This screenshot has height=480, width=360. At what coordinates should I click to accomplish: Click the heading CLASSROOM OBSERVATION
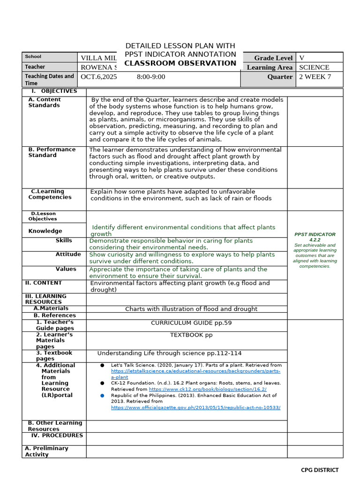tap(180, 63)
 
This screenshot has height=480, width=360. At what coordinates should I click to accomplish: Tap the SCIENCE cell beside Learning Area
tap(314, 67)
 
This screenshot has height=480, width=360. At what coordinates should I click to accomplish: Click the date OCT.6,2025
tap(99, 77)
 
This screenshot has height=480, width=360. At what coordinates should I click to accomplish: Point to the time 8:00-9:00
tap(151, 77)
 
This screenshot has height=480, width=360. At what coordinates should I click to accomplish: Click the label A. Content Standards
tap(44, 102)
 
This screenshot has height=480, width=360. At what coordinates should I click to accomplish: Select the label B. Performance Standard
tap(52, 152)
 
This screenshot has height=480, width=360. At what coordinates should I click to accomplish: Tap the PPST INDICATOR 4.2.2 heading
tap(315, 237)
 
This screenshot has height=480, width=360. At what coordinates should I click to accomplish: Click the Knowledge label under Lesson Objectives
tap(45, 231)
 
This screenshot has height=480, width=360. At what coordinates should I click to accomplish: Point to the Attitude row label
tap(68, 254)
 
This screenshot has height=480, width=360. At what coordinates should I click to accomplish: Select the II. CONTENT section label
tap(43, 283)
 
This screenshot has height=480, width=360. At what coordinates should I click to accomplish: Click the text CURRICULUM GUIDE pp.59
tap(191, 323)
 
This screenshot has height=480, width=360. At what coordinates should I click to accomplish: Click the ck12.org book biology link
tap(208, 389)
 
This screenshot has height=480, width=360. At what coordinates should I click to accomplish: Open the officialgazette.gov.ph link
tap(195, 407)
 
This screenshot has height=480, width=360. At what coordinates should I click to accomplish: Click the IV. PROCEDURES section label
tap(57, 435)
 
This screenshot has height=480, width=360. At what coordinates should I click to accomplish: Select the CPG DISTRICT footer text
tap(319, 470)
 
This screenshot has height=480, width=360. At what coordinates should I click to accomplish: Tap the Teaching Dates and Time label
tap(49, 79)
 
